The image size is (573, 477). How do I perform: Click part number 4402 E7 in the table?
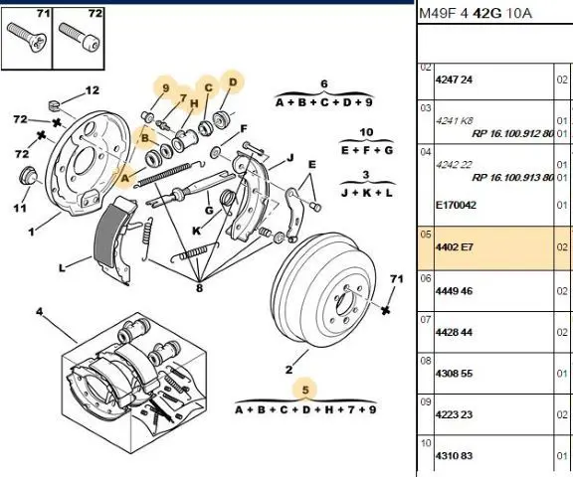pos(455,247)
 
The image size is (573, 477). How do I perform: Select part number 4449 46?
pos(454,291)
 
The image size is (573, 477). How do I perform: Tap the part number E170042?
pos(456,205)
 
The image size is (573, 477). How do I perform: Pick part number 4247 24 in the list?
pos(454,79)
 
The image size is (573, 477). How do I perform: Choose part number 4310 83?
pos(454,456)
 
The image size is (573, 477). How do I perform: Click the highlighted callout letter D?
pos(233,82)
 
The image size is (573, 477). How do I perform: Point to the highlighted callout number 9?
pos(166,88)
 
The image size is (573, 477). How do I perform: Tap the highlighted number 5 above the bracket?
pos(305,391)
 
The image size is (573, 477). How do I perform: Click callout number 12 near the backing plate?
pos(93,90)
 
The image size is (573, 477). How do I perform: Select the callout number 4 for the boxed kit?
pos(40,312)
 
